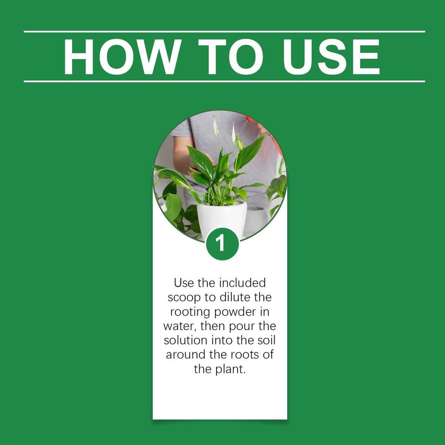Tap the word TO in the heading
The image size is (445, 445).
pyautogui.click(x=231, y=56)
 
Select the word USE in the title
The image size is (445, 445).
pyautogui.click(x=331, y=56)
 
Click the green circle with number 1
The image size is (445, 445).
pyautogui.click(x=222, y=244)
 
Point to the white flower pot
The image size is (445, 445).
pyautogui.click(x=222, y=219)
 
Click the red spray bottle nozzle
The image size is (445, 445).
pyautogui.click(x=249, y=119)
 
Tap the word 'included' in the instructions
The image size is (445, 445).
pyautogui.click(x=242, y=283)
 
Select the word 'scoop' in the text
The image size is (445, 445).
pyautogui.click(x=184, y=298)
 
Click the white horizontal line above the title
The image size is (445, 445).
pyautogui.click(x=224, y=31)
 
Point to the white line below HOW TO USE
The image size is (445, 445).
pyautogui.click(x=224, y=81)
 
